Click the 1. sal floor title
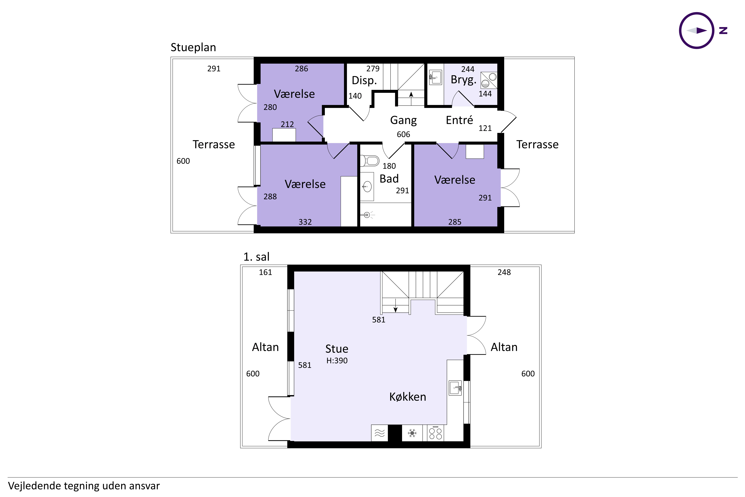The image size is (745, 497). click(x=256, y=257)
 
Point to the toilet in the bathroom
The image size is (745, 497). click(x=370, y=161)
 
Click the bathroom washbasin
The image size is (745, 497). click(x=367, y=186)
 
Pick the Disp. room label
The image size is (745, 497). click(x=364, y=81)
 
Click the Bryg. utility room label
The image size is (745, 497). click(x=463, y=80)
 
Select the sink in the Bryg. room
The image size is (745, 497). click(x=436, y=77)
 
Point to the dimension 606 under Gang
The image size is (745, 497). click(x=403, y=134)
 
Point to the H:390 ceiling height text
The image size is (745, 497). click(x=337, y=361)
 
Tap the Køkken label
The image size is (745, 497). click(x=408, y=397)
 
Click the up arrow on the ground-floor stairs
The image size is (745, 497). click(x=411, y=98)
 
